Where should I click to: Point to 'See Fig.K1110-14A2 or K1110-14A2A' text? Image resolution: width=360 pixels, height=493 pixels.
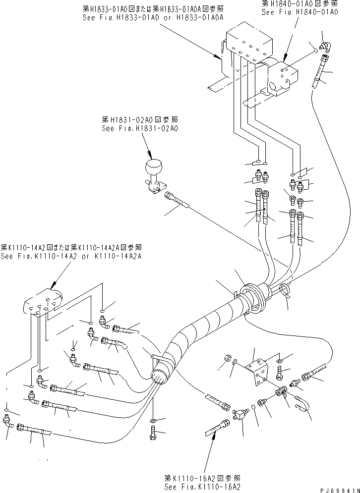click(71, 256)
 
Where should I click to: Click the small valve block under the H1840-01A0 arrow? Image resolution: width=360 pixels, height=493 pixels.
click(283, 77)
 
